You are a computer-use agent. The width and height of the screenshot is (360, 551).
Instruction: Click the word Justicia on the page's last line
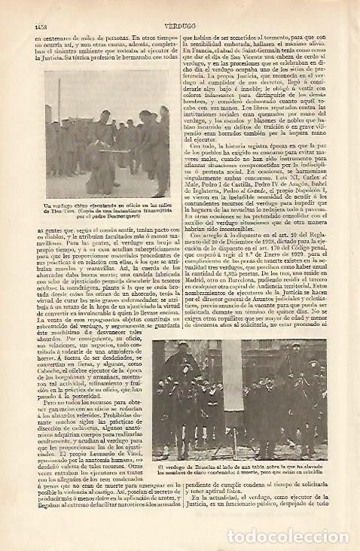(x=218, y=528)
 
